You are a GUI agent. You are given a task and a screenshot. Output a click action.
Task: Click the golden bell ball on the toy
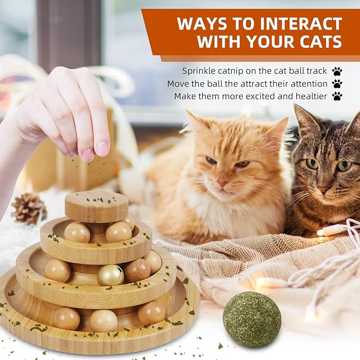click(x=110, y=275)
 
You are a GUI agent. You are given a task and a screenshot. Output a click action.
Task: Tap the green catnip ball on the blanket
click(x=252, y=319)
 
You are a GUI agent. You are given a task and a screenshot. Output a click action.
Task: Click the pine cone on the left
click(x=29, y=208)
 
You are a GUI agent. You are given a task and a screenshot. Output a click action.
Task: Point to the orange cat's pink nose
click(x=222, y=183)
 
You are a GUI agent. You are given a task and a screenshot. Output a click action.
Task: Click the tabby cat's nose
click(x=323, y=189)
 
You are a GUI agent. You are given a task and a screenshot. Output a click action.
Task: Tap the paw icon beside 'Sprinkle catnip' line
click(x=337, y=71)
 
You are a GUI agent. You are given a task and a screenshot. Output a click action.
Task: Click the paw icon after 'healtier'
click(x=337, y=96)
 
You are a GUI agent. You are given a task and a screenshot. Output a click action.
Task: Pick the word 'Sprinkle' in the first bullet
click(x=199, y=71)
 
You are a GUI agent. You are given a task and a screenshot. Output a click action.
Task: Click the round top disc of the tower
click(x=96, y=206)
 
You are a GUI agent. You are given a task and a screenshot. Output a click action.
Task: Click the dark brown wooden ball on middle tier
click(x=137, y=270)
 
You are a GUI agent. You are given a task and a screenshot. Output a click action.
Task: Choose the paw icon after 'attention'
click(x=337, y=84)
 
